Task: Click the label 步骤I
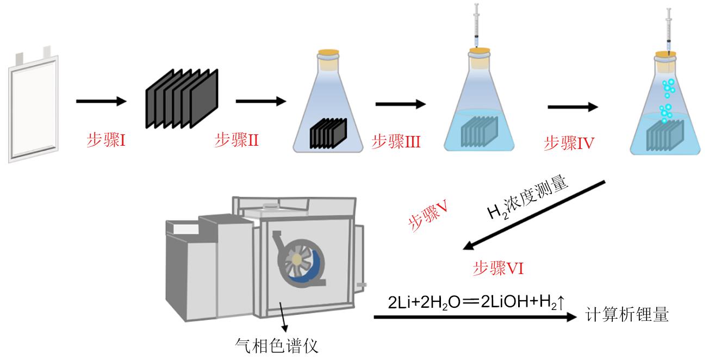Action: tap(107, 141)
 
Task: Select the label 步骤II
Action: tap(236, 141)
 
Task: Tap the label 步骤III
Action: tap(396, 142)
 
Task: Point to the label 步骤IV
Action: tap(569, 144)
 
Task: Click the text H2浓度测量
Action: tap(527, 198)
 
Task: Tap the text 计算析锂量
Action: tap(626, 315)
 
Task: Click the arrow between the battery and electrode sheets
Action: tap(101, 101)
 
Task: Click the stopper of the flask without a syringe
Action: tap(328, 55)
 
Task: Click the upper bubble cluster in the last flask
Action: tap(668, 87)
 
